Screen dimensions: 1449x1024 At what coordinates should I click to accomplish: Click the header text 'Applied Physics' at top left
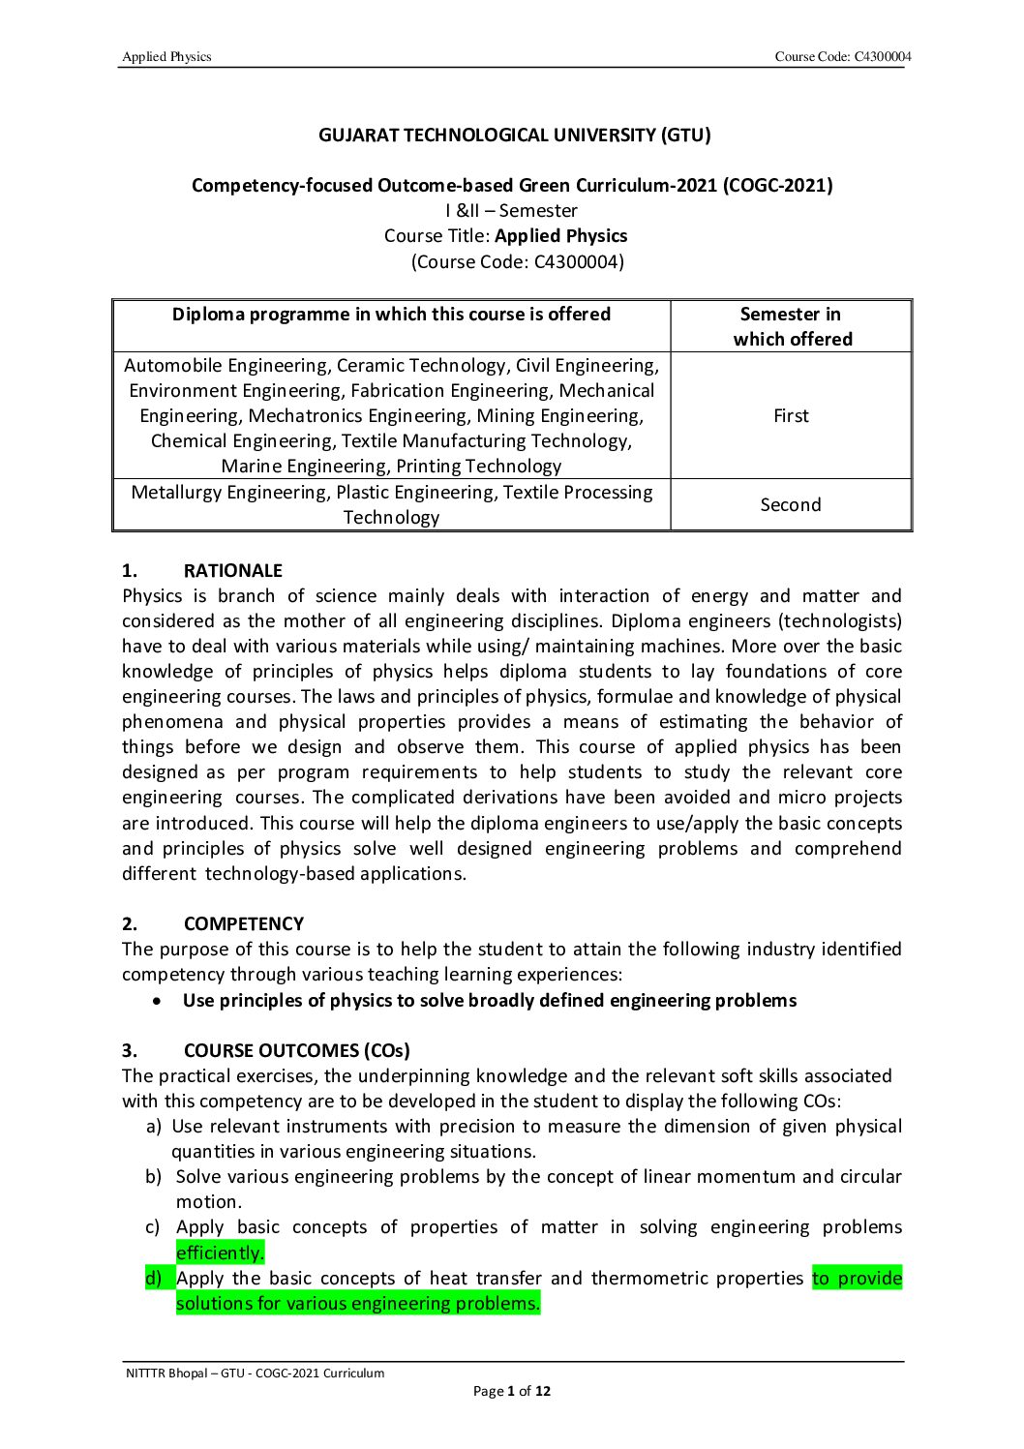coord(166,57)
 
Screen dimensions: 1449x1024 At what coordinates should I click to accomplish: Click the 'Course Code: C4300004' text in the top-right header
coord(842,57)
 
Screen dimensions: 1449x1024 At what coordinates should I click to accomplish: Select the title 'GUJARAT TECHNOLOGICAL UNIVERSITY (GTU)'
coord(514,136)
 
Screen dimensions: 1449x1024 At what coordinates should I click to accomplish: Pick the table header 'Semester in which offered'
coord(792,326)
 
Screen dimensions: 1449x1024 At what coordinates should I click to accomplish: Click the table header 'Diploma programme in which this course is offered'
coord(391,315)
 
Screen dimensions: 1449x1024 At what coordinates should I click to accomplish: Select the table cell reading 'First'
coord(791,416)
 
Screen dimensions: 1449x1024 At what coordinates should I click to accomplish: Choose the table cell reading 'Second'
coord(791,505)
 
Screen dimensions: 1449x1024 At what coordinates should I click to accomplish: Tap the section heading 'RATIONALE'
coord(233,571)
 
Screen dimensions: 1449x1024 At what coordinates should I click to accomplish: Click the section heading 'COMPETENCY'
coord(244,924)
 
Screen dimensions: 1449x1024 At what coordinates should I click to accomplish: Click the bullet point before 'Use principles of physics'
coord(157,1001)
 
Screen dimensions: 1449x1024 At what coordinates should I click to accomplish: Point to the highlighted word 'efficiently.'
coord(220,1253)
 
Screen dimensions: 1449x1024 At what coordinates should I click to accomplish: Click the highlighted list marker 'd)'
coord(153,1279)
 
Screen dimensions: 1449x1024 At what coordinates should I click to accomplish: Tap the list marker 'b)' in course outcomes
coord(153,1177)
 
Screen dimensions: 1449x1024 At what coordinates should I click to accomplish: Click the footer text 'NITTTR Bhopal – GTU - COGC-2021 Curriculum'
coord(256,1374)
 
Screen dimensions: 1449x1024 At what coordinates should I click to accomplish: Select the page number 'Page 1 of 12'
coord(511,1392)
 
